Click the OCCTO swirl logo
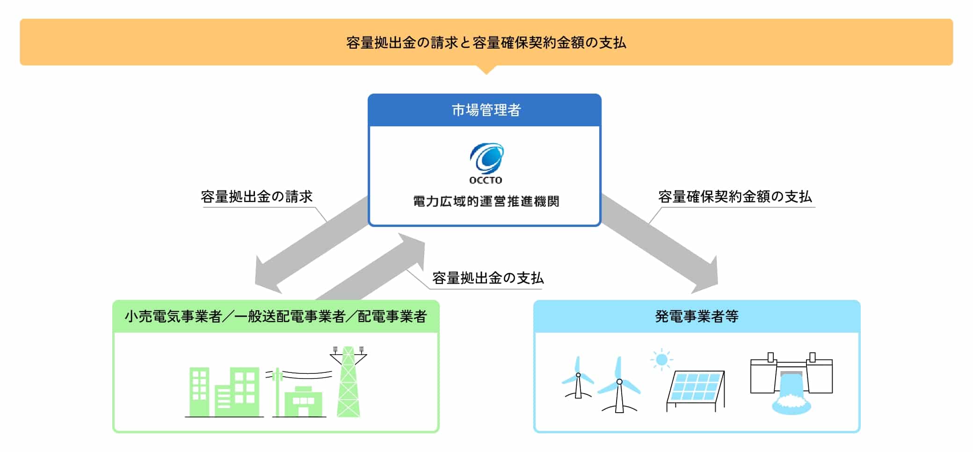click(486, 158)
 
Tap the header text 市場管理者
click(486, 110)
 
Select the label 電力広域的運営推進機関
click(486, 201)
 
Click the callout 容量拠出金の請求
click(256, 197)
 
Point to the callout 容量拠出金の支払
click(487, 278)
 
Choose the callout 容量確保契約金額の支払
click(735, 197)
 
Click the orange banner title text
click(486, 43)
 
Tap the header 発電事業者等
click(697, 317)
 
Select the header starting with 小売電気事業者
click(276, 317)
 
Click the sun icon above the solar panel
click(661, 360)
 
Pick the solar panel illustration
click(696, 388)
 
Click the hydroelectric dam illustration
click(791, 381)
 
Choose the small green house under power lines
click(303, 401)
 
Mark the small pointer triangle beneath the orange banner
click(486, 70)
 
